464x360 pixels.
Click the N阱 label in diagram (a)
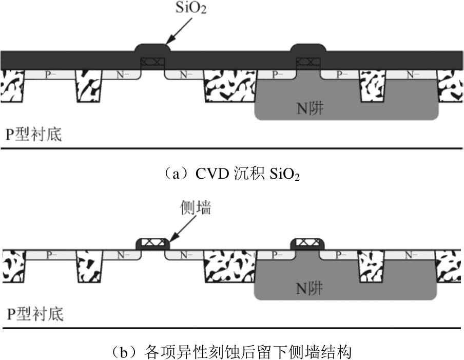[310, 108]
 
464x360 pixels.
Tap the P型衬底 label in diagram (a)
[33, 135]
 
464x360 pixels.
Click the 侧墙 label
[196, 209]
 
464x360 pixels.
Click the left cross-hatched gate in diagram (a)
[153, 62]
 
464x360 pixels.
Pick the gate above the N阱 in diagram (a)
[307, 62]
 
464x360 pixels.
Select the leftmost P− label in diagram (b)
[49, 255]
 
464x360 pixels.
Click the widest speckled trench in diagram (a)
[229, 85]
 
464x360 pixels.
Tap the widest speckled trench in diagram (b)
[229, 266]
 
